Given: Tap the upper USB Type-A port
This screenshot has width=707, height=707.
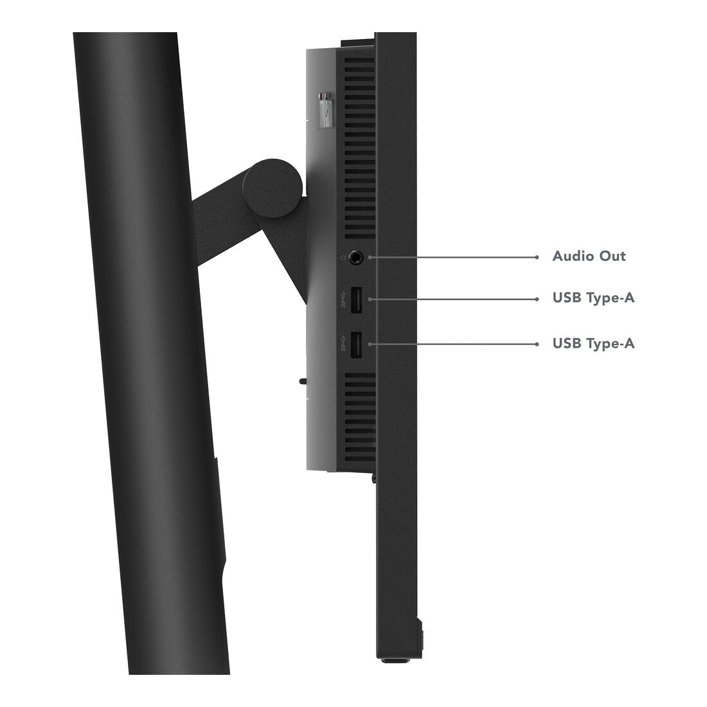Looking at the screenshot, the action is pyautogui.click(x=355, y=300).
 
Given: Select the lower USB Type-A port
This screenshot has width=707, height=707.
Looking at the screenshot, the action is pyautogui.click(x=355, y=345).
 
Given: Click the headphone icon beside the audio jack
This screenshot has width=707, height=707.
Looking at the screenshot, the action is pyautogui.click(x=343, y=258).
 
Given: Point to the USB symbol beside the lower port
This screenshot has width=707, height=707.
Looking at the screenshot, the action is pyautogui.click(x=344, y=344).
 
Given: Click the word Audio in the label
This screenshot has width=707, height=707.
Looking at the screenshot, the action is pyautogui.click(x=568, y=256).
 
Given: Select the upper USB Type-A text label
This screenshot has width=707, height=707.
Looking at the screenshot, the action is pyautogui.click(x=593, y=298).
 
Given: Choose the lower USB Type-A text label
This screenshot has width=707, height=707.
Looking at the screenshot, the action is pyautogui.click(x=593, y=343).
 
